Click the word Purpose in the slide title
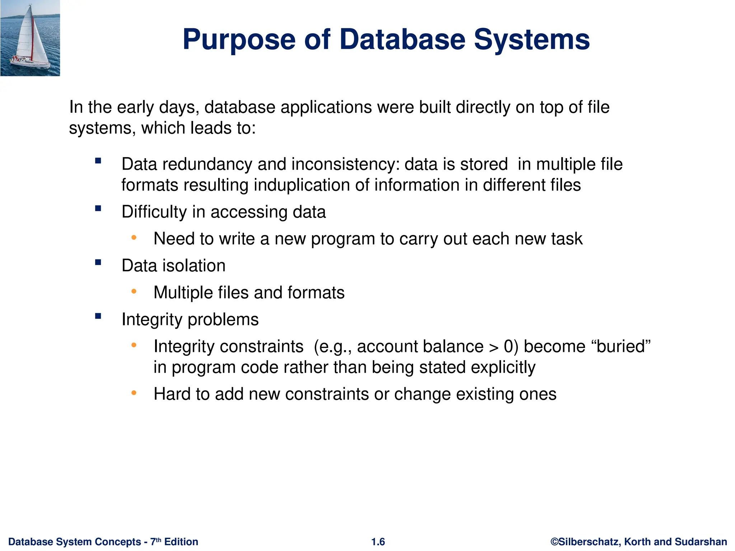pyautogui.click(x=239, y=40)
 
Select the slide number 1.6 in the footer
pyautogui.click(x=378, y=542)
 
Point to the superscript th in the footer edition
pyautogui.click(x=159, y=539)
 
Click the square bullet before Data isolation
pyautogui.click(x=98, y=263)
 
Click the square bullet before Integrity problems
pyautogui.click(x=98, y=316)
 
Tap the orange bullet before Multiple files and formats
pyautogui.click(x=134, y=292)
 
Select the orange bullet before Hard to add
pyautogui.click(x=134, y=393)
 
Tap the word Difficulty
pyautogui.click(x=154, y=212)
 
